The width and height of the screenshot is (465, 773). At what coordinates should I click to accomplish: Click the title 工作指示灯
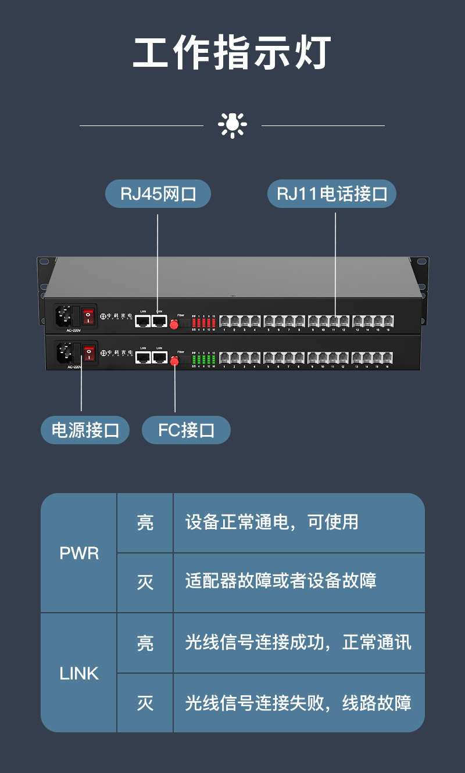click(x=232, y=53)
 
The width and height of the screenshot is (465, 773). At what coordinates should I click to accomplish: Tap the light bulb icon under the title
click(x=232, y=124)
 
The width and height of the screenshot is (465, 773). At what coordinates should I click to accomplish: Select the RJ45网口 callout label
click(x=158, y=194)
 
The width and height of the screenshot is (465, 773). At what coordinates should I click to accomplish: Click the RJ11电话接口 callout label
click(x=331, y=194)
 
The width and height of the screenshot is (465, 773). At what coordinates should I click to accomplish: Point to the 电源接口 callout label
click(x=85, y=430)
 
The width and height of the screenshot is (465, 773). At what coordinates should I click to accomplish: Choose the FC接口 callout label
click(x=186, y=430)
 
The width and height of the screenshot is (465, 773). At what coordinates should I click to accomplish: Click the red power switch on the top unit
click(x=88, y=316)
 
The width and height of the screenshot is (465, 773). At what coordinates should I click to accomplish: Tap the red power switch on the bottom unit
click(x=88, y=353)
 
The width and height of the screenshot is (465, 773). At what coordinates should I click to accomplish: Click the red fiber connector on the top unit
click(x=174, y=324)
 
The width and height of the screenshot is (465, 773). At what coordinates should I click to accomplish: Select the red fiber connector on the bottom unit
click(x=174, y=361)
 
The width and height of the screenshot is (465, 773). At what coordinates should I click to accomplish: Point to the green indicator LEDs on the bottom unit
click(x=203, y=359)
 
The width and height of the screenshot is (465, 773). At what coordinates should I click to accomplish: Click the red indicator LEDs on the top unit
click(x=203, y=322)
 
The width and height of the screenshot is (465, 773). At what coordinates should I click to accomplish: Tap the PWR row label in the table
click(x=79, y=553)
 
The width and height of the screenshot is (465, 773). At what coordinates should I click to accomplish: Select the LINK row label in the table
click(x=79, y=674)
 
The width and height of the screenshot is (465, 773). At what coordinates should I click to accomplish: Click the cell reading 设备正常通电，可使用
click(x=271, y=522)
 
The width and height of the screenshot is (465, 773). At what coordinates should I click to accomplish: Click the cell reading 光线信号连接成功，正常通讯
click(x=298, y=642)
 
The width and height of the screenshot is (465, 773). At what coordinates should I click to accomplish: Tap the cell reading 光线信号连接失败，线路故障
click(x=298, y=703)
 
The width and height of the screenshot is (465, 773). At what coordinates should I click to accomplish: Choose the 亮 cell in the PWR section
click(x=145, y=523)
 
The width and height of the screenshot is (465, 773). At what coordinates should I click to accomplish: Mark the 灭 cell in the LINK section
click(x=145, y=703)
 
